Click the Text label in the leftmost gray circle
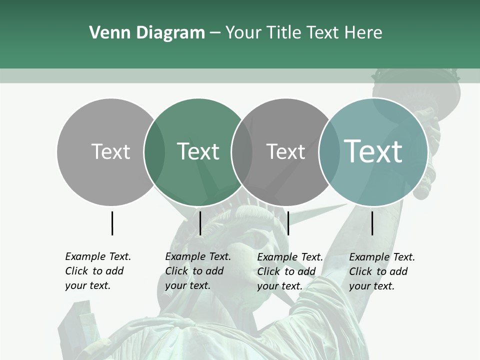point(110,151)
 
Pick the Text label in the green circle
point(198,151)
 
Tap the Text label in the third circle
point(285,151)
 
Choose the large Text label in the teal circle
point(373,151)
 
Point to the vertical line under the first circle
point(112,223)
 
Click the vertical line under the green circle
point(200,223)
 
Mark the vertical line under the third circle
point(288,223)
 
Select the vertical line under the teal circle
point(372,223)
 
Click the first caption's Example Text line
point(98,256)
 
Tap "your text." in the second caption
point(187,285)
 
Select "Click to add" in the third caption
point(286,271)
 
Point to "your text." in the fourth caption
point(371,286)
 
